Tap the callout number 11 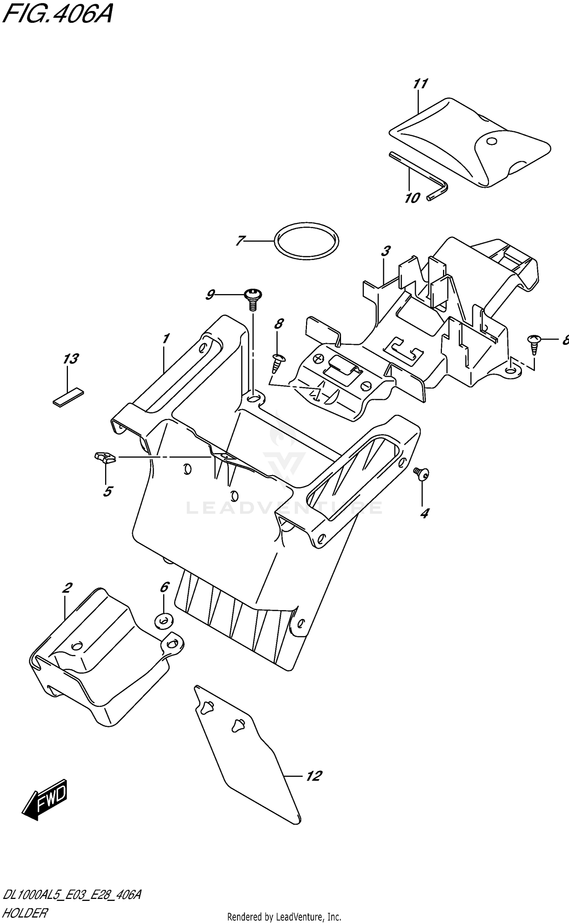click(420, 84)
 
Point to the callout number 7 click(240, 241)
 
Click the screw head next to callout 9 click(253, 293)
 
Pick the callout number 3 click(385, 251)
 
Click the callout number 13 click(71, 359)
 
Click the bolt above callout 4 click(421, 473)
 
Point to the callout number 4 click(424, 514)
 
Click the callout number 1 click(166, 338)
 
